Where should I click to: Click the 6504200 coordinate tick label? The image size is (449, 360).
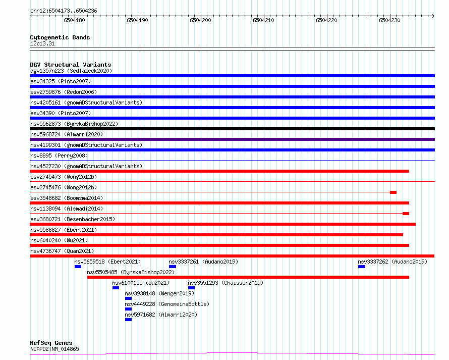[200, 20]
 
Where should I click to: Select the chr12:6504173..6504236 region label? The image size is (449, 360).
[64, 11]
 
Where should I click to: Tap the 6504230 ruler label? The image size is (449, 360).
[389, 20]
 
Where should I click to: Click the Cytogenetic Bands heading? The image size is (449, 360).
[60, 37]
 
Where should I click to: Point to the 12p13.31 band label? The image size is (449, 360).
[42, 43]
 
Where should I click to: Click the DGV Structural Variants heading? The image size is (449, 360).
[71, 65]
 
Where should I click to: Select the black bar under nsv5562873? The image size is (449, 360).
[232, 129]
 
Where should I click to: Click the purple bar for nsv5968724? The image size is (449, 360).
[232, 139]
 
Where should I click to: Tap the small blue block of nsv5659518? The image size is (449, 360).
[78, 267]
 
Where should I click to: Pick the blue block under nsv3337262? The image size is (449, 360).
[362, 267]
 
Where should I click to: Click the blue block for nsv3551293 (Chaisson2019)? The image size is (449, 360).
[192, 288]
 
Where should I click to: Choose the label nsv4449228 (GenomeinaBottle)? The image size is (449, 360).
[167, 304]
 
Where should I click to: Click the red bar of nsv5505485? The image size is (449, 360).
[248, 277]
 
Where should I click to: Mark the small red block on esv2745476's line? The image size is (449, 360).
[393, 192]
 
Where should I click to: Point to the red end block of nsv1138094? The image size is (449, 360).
[406, 214]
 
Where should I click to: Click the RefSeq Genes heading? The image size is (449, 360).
[51, 343]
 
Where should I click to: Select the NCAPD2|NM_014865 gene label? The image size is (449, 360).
[54, 349]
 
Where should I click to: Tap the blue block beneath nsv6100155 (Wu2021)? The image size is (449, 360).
[116, 288]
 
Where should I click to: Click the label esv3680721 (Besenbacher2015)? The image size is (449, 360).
[73, 219]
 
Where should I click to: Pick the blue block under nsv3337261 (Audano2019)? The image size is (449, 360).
[173, 267]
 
